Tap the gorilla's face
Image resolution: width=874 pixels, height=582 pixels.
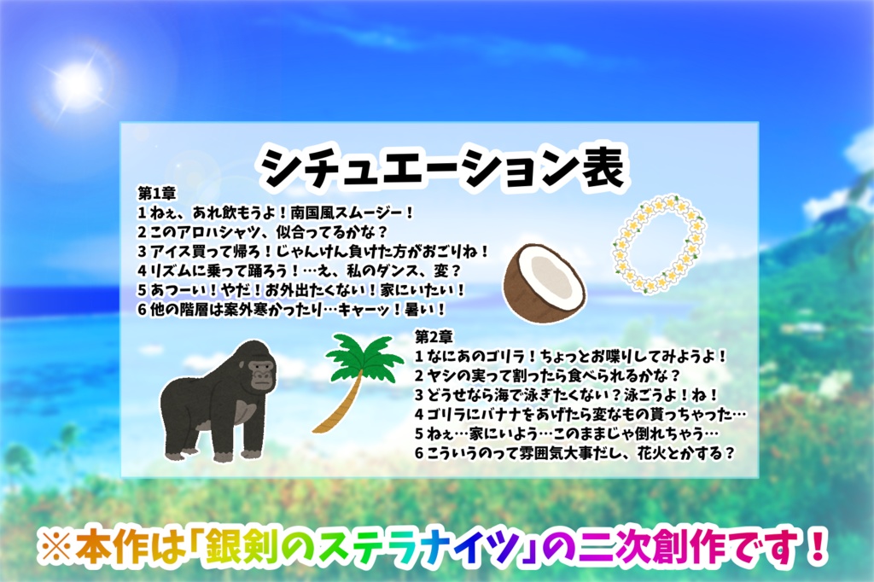(259, 372)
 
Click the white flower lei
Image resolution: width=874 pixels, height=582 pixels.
(659, 244)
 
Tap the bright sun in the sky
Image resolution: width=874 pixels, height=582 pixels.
(78, 84)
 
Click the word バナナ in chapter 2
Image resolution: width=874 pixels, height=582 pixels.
(520, 414)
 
